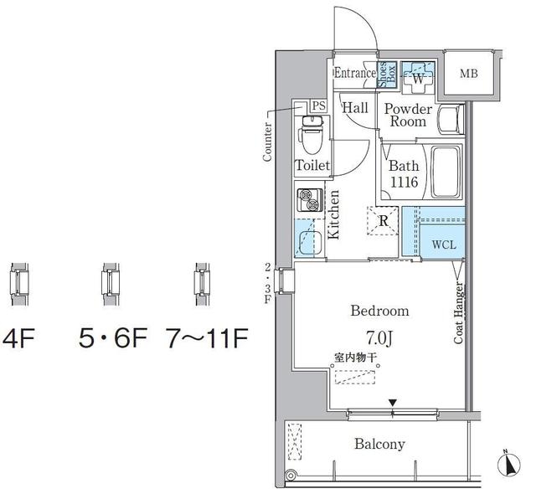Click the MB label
(469, 74)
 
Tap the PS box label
(318, 105)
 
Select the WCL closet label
(444, 244)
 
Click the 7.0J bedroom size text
(379, 338)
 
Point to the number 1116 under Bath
(404, 182)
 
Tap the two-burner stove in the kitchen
(310, 200)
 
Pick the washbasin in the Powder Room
(450, 119)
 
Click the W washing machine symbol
(418, 78)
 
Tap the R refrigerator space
(383, 221)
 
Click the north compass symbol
(509, 463)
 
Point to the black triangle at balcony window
(393, 403)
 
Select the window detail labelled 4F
(19, 284)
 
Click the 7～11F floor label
(207, 338)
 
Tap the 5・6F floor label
(113, 338)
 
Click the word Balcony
(379, 444)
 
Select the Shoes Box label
(387, 75)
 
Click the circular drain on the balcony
(291, 476)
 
